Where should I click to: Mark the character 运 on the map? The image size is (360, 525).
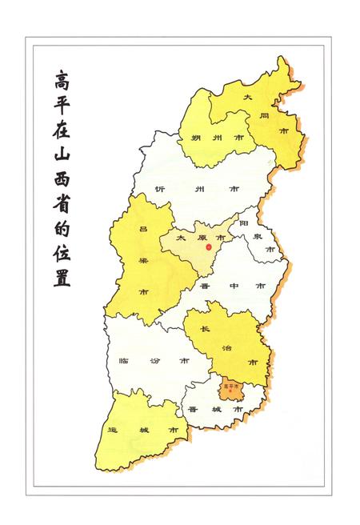(111, 431)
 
